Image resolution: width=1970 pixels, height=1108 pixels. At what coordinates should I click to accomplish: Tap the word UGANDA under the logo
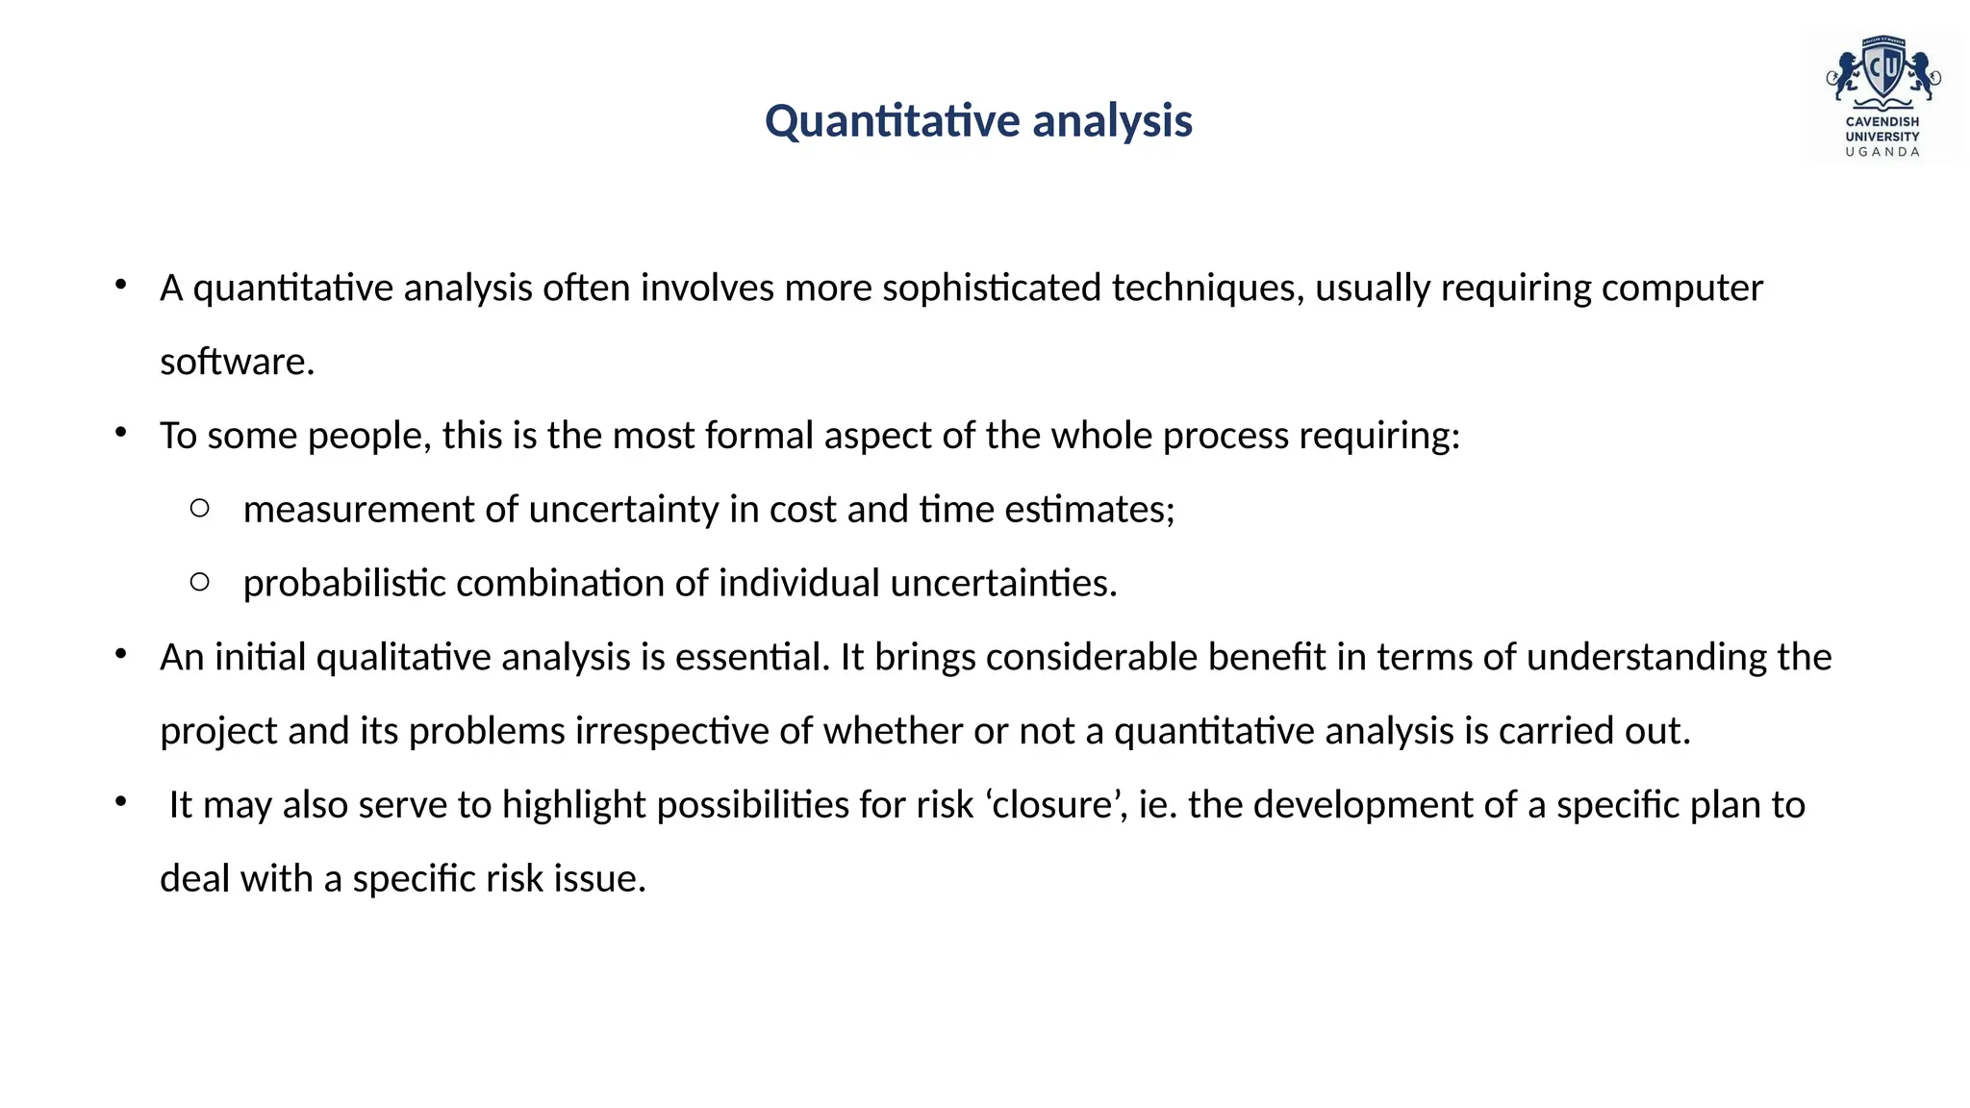click(x=1882, y=152)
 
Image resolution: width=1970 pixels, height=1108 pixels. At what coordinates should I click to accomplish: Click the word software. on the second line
click(x=237, y=362)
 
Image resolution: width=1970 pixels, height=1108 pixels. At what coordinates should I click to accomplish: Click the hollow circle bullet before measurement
click(x=200, y=508)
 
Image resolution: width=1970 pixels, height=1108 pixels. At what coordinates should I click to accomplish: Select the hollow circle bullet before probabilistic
click(x=200, y=581)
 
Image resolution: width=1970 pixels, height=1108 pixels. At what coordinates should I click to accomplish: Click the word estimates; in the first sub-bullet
click(x=1089, y=509)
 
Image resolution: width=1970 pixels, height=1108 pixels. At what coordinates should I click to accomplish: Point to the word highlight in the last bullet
click(x=573, y=805)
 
